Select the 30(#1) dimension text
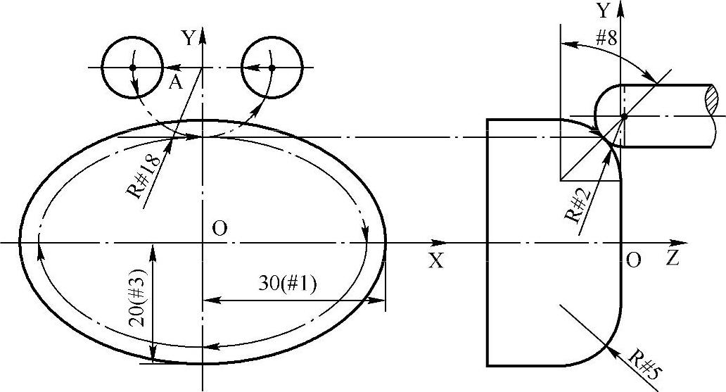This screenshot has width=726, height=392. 288,284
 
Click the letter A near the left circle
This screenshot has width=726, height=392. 175,82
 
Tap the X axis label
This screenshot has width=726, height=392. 435,261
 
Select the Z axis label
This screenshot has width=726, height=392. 673,258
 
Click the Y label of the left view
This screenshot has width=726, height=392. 189,39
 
